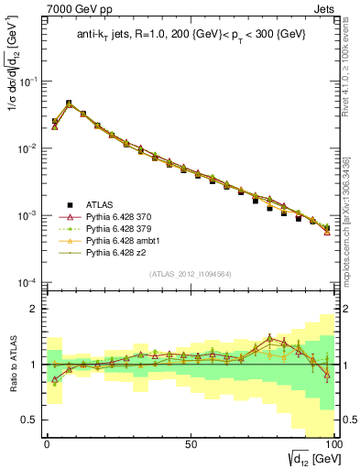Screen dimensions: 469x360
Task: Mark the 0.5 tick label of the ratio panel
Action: coord(29,420)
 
